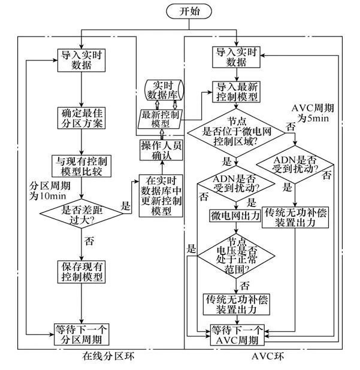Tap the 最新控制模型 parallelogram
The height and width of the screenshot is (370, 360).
tap(163, 118)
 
